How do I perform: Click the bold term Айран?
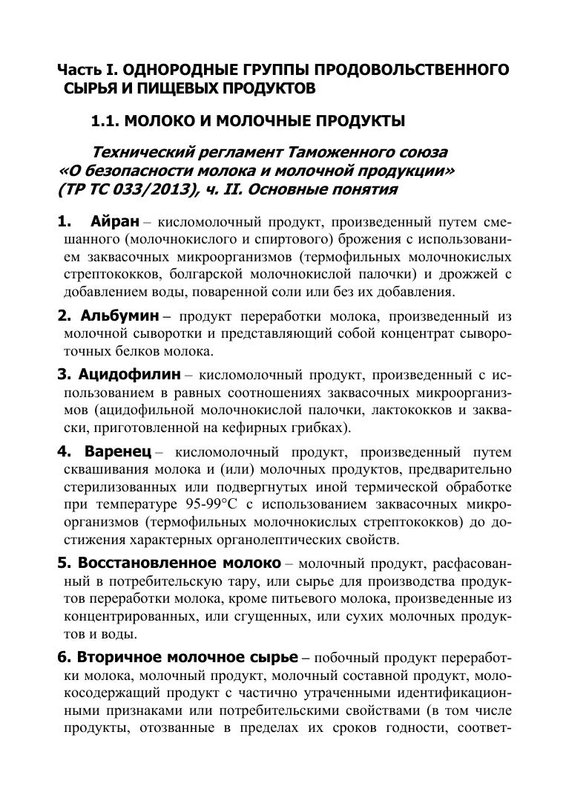pyautogui.click(x=115, y=222)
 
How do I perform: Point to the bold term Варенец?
pyautogui.click(x=118, y=451)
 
